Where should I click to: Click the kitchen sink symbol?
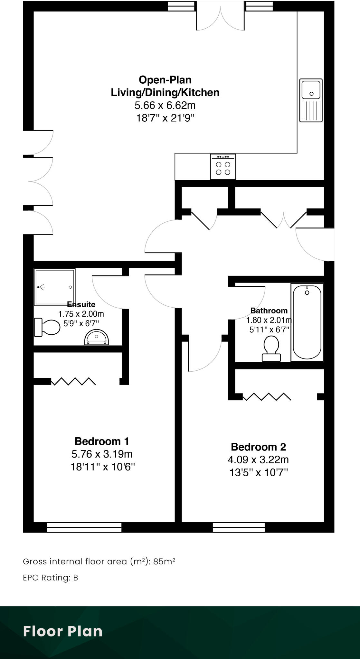click(x=311, y=100)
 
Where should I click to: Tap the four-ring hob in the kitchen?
click(x=223, y=167)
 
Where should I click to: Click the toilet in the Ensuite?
click(x=47, y=327)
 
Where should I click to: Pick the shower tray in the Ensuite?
click(x=54, y=287)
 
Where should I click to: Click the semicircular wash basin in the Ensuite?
click(x=97, y=338)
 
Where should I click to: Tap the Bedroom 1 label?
click(x=102, y=441)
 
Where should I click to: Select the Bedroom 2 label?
click(x=258, y=447)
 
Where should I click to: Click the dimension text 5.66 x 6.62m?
click(x=165, y=105)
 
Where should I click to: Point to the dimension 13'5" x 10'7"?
click(x=258, y=472)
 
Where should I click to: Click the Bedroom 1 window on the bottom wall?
click(x=84, y=527)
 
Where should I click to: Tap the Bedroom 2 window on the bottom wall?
click(x=239, y=527)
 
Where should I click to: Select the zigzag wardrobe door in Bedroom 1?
click(x=73, y=381)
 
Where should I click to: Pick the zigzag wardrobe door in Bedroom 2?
click(x=267, y=397)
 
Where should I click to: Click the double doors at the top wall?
click(x=220, y=18)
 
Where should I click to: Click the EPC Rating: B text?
click(x=51, y=578)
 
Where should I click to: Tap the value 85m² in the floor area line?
click(x=164, y=562)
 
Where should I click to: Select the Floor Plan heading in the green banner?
click(x=63, y=631)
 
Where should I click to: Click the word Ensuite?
click(x=81, y=304)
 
